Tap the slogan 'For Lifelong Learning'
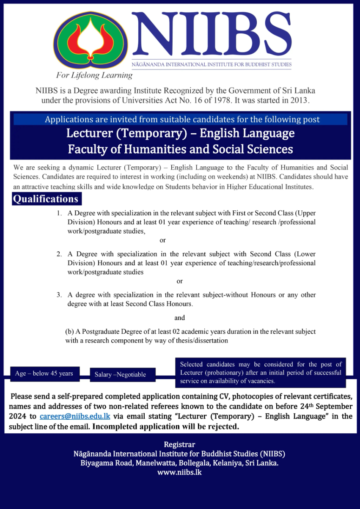(x=94, y=76)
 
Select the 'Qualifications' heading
(x=46, y=199)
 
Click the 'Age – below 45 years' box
(x=44, y=374)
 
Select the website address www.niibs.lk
(x=179, y=472)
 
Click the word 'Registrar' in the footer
(x=179, y=445)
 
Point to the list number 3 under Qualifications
(x=60, y=295)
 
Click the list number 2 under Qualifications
(x=60, y=254)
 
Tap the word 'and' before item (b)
(x=180, y=318)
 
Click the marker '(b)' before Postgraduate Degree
(x=69, y=332)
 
